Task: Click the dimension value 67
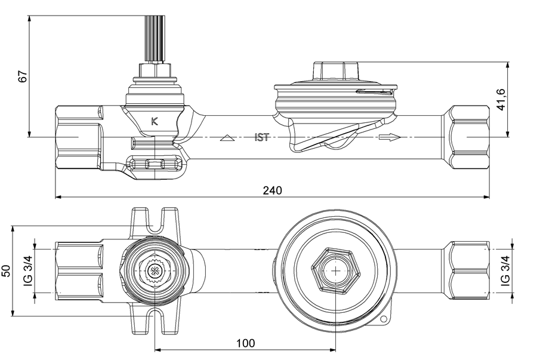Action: (23, 76)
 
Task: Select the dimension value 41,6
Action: (501, 100)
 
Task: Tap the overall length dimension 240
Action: (272, 190)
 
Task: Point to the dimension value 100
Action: (245, 343)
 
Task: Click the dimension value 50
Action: (7, 270)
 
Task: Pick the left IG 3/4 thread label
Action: (29, 270)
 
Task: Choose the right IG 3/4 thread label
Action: (505, 270)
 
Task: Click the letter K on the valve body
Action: (155, 121)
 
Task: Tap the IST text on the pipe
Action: (262, 137)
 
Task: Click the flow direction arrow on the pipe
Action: (390, 137)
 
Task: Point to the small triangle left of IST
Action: (227, 138)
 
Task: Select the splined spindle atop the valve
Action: (155, 39)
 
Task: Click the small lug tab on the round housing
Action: (384, 319)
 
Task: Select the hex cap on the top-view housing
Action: (336, 71)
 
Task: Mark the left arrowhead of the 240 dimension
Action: (58, 197)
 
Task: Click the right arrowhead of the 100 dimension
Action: (332, 350)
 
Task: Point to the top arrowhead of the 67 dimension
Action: (29, 19)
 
